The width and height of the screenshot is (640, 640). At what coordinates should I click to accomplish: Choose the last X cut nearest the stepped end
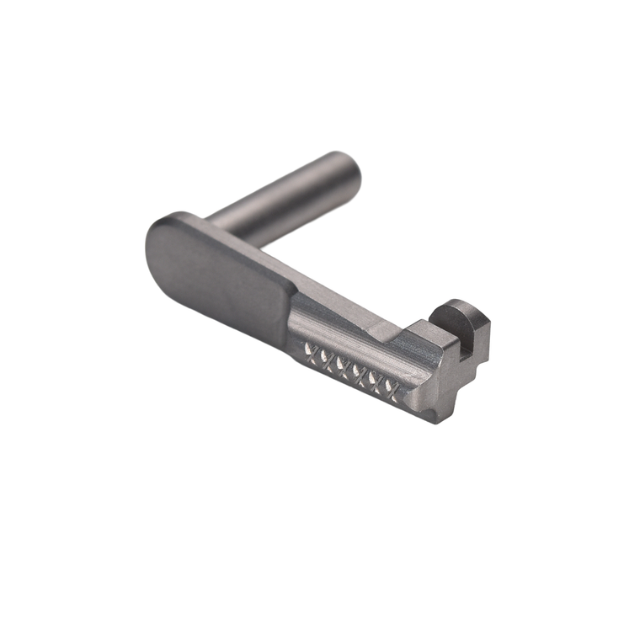click(389, 387)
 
